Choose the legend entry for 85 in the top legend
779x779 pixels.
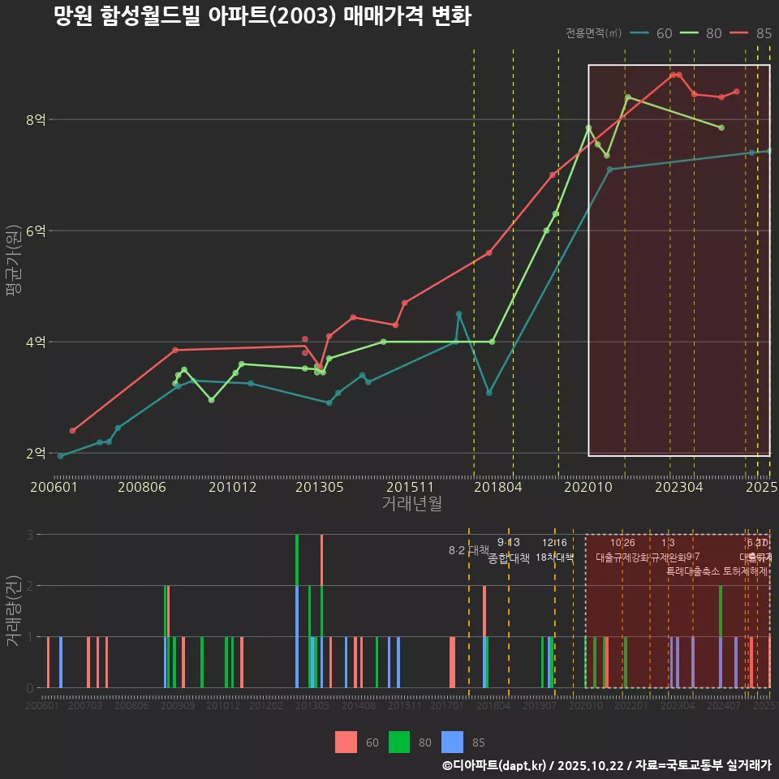click(751, 33)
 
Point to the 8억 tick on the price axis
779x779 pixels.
click(36, 120)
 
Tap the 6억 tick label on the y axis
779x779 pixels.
click(36, 231)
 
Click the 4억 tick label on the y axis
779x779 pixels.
click(36, 342)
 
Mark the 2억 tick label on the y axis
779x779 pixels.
click(36, 454)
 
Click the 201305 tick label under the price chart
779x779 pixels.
click(319, 488)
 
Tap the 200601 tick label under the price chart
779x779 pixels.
click(54, 488)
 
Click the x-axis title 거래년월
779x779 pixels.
click(411, 504)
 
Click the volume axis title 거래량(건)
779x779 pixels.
click(14, 611)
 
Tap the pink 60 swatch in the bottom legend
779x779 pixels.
click(346, 742)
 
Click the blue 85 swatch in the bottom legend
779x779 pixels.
click(452, 742)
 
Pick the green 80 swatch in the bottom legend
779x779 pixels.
click(399, 742)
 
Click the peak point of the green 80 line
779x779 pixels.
click(627, 97)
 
